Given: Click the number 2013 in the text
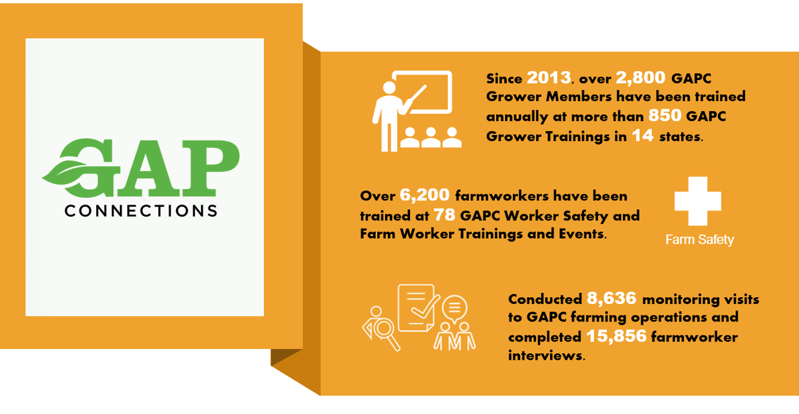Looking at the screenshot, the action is [x=549, y=78].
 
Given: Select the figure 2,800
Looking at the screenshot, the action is [x=640, y=78].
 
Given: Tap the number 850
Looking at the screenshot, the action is [x=665, y=116].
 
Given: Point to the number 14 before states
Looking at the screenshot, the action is [x=643, y=136].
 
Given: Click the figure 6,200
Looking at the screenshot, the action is [x=424, y=195].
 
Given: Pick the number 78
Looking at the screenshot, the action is [x=444, y=215].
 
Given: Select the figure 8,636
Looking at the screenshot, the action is [x=611, y=298].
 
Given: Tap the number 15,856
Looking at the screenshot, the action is [x=616, y=336].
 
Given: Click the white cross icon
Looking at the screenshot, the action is [x=698, y=201].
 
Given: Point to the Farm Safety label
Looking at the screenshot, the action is [x=700, y=240].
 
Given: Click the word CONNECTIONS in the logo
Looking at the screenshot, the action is [x=141, y=211].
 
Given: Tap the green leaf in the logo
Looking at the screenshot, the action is [x=64, y=173].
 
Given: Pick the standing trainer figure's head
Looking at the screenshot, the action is [x=389, y=88].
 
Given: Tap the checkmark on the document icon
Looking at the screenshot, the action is [x=425, y=307].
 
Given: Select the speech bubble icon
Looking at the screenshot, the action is [x=454, y=308].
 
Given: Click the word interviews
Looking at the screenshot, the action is [x=546, y=355].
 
